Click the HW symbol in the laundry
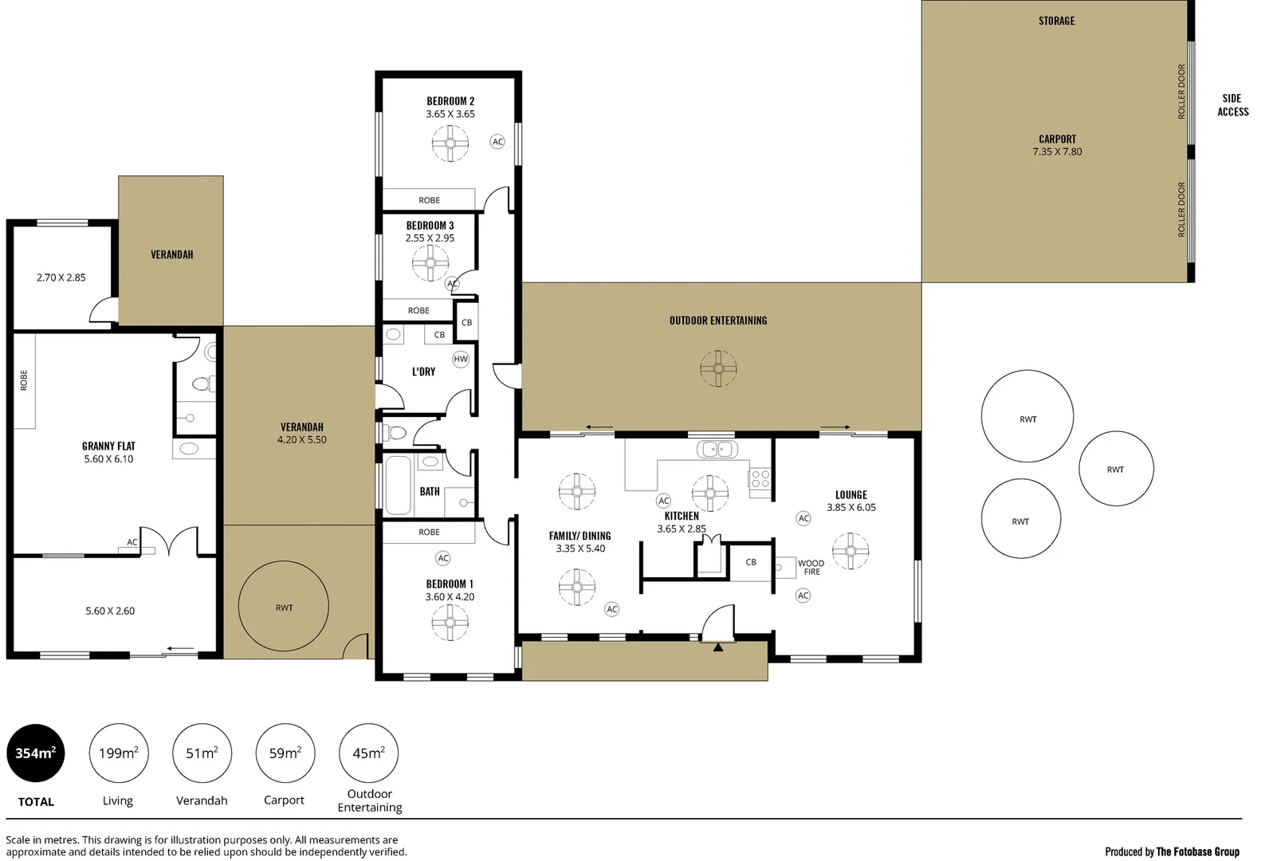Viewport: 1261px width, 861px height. point(461,359)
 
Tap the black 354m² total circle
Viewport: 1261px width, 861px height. point(36,753)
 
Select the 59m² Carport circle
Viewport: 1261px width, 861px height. point(285,753)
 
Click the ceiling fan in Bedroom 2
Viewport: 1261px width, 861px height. point(450,143)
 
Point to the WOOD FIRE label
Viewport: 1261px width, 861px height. point(811,567)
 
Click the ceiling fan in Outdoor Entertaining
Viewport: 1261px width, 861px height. point(718,368)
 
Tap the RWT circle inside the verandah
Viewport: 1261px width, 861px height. point(284,607)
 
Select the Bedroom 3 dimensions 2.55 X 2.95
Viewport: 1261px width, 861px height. point(430,238)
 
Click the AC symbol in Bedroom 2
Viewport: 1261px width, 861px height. point(497,142)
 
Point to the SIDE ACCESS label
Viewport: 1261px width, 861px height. point(1232,105)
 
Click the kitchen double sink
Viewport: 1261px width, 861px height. point(717,450)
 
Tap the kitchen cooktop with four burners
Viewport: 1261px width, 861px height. point(760,479)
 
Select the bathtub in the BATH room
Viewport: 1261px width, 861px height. point(398,485)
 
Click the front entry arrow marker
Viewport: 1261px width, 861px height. point(718,647)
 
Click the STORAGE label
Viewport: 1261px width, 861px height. point(1056,21)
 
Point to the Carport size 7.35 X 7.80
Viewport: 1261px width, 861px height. point(1057,151)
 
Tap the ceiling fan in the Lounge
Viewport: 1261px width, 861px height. point(850,551)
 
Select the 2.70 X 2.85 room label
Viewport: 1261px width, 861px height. point(61,277)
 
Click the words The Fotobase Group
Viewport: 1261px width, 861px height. point(1197,851)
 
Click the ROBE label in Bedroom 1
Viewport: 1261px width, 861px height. point(429,532)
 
